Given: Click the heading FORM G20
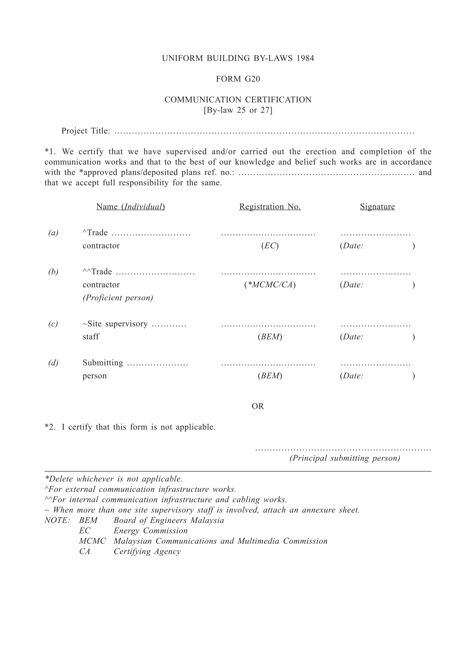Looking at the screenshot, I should pyautogui.click(x=238, y=79).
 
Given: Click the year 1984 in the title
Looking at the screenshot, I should pyautogui.click(x=305, y=58).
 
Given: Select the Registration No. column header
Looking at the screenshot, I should pyautogui.click(x=270, y=207).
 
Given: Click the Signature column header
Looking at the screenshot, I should pyautogui.click(x=377, y=207).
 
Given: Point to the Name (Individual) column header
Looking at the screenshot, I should pyautogui.click(x=130, y=207).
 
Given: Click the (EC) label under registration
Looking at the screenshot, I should pyautogui.click(x=270, y=246).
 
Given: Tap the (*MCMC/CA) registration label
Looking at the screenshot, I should pyautogui.click(x=270, y=285).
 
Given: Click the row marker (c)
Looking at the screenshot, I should pyautogui.click(x=53, y=324).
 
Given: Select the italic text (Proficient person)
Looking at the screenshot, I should pyautogui.click(x=118, y=298).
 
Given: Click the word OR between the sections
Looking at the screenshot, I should pyautogui.click(x=258, y=406).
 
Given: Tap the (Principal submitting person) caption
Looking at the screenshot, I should pyautogui.click(x=345, y=458).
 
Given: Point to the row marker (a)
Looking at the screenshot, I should pyautogui.click(x=53, y=233).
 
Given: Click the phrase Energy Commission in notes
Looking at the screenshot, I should pyautogui.click(x=151, y=531).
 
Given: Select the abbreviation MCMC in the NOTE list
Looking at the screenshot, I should pyautogui.click(x=92, y=542).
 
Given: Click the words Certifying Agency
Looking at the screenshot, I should pyautogui.click(x=147, y=552).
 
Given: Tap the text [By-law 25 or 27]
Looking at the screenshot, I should pyautogui.click(x=238, y=110).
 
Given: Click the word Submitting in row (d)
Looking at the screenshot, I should pyautogui.click(x=103, y=363).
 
